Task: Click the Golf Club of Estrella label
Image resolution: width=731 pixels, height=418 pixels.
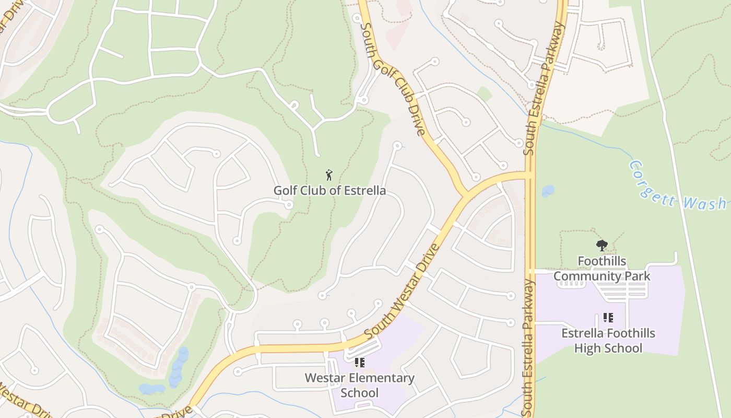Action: [x=329, y=190]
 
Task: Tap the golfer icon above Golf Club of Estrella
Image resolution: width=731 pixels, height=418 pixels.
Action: [x=329, y=175]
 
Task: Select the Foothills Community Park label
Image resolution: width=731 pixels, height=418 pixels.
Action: [x=602, y=269]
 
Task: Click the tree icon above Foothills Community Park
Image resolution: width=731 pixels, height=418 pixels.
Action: [x=602, y=245]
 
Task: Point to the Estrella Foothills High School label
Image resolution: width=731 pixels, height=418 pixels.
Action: [x=608, y=341]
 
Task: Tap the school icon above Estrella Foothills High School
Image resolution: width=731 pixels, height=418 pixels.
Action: [x=608, y=317]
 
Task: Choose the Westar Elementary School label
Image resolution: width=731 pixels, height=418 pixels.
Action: [x=359, y=385]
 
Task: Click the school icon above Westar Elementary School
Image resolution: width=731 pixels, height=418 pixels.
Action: [x=359, y=362]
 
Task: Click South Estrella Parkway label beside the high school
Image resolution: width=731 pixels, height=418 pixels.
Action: [x=529, y=345]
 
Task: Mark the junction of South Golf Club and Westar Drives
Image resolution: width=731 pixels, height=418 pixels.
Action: [x=465, y=196]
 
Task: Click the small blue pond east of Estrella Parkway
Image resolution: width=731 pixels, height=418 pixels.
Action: [x=548, y=191]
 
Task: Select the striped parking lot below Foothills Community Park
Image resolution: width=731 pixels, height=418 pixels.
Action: [x=621, y=291]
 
